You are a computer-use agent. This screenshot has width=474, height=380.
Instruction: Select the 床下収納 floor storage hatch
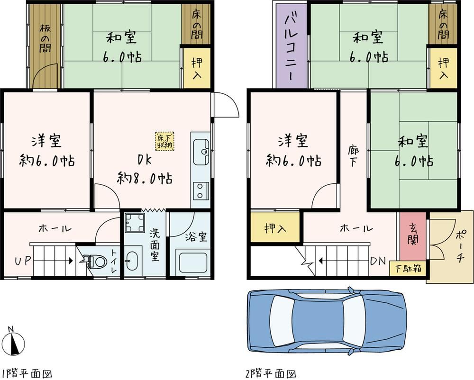(165, 141)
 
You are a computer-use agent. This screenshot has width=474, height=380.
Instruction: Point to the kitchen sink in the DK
(201, 152)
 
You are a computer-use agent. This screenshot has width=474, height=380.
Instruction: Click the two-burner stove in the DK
(200, 191)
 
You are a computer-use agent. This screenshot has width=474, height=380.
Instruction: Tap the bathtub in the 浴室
(193, 262)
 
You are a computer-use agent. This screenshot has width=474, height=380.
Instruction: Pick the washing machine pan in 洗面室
(135, 222)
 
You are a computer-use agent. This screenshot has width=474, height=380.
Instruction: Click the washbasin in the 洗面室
(132, 261)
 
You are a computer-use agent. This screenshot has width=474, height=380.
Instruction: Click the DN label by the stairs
(378, 261)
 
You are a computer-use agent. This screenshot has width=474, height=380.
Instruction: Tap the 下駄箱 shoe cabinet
(408, 269)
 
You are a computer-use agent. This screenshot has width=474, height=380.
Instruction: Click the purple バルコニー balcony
(292, 45)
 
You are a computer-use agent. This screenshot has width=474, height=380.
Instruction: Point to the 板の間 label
(45, 38)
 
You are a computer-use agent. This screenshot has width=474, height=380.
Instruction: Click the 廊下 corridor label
(353, 156)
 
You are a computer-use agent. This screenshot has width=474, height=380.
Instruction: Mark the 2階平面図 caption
(271, 374)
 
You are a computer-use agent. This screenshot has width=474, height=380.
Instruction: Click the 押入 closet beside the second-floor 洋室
(275, 227)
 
